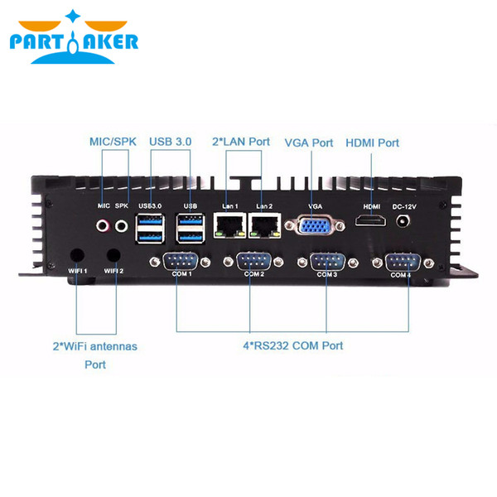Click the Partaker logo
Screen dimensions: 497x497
pos(74,37)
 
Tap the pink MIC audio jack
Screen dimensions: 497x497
pos(103,226)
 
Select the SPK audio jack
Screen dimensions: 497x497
pos(122,226)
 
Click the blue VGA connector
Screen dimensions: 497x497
pos(315,225)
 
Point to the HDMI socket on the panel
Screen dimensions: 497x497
pos(371,220)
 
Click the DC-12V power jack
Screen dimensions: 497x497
pos(403,220)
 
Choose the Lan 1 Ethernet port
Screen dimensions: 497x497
pos(229,225)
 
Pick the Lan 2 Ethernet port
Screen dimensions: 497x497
pos(265,225)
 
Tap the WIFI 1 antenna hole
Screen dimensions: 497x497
pos(77,255)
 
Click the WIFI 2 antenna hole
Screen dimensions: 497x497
pos(113,255)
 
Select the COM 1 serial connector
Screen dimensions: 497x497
pos(181,262)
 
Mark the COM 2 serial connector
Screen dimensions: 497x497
pos(254,262)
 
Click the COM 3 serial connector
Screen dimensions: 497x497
pos(327,262)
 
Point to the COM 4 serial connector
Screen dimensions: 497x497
pos(403,263)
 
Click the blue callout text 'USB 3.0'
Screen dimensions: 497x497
pos(171,142)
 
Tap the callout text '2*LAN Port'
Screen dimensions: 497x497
pos(241,142)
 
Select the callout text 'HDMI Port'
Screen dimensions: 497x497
pos(372,143)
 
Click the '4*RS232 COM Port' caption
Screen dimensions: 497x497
pos(293,345)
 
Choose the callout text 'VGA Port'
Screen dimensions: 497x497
pos(309,143)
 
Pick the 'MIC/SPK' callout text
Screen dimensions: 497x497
pos(113,142)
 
